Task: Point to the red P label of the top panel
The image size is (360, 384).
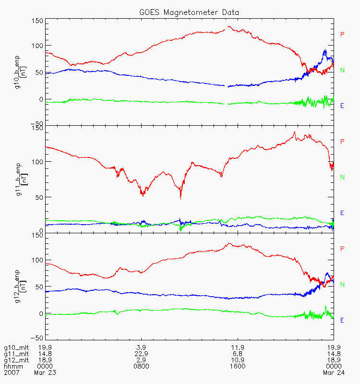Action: click(x=342, y=35)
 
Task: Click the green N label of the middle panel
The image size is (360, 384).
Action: click(x=342, y=177)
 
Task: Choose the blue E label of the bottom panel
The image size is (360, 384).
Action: click(x=342, y=320)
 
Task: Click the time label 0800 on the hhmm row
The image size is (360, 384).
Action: click(x=141, y=366)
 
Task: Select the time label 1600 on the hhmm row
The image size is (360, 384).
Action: click(x=238, y=366)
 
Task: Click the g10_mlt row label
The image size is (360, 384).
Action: click(x=15, y=348)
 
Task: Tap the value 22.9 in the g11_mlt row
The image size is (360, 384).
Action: click(x=141, y=354)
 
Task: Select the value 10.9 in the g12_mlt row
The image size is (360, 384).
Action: click(x=238, y=360)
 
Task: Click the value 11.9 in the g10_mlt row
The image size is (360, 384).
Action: click(x=238, y=348)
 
